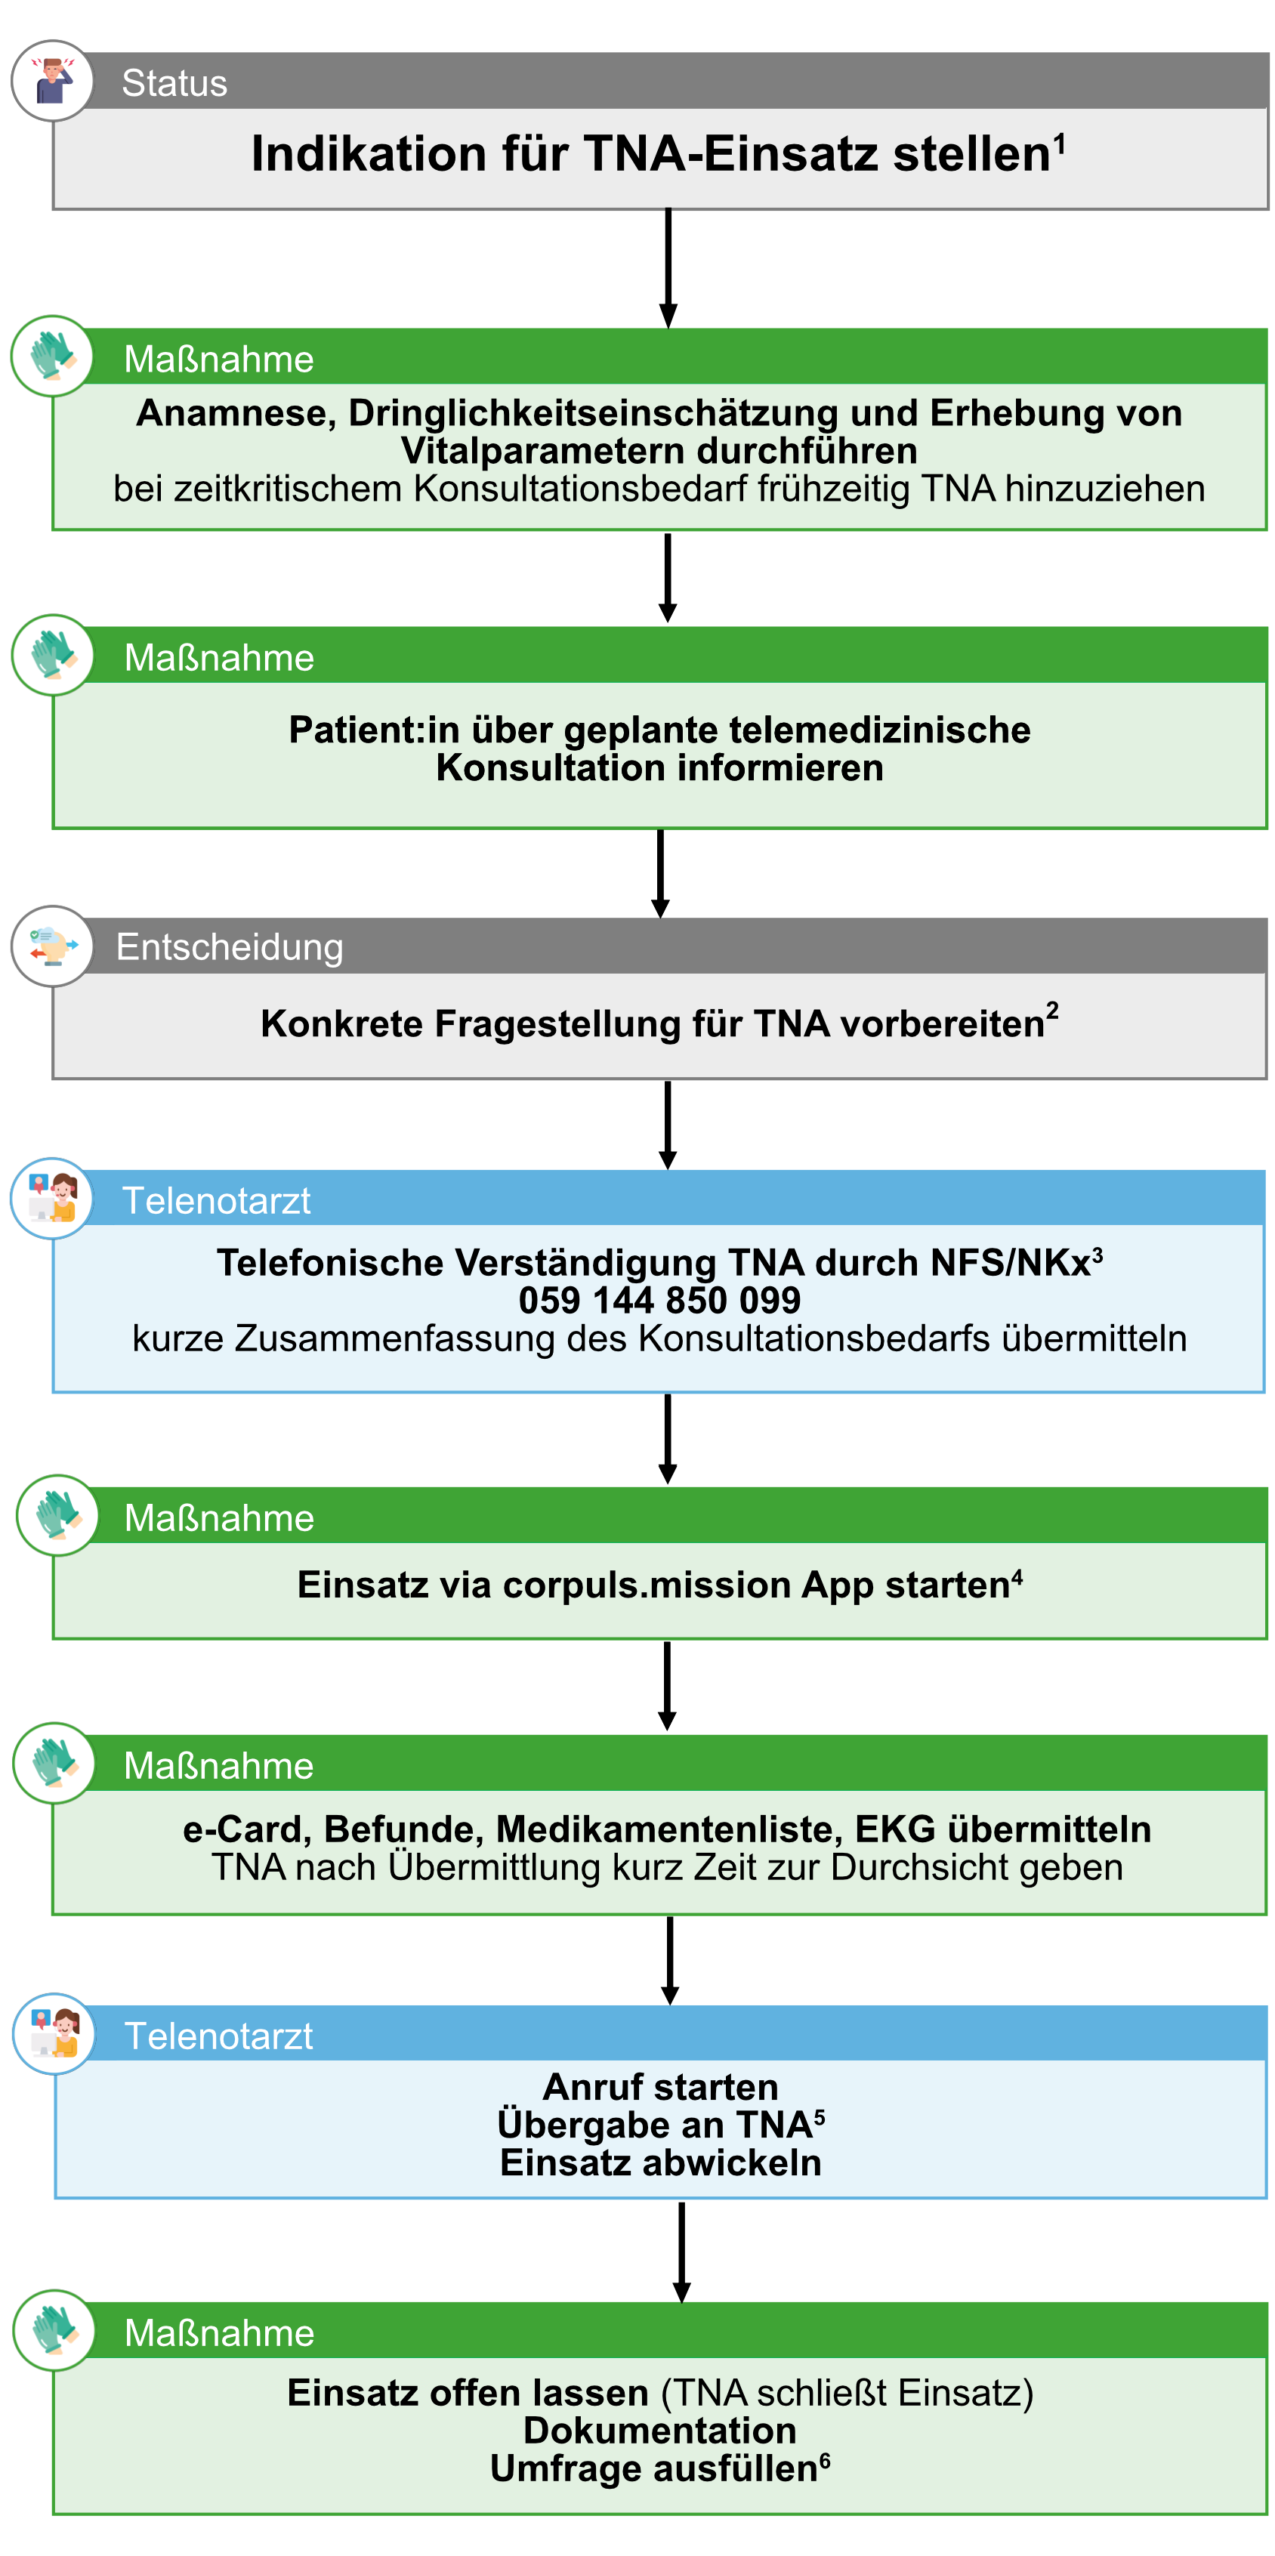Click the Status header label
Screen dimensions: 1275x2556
[x=174, y=83]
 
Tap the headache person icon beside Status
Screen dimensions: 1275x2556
[x=53, y=82]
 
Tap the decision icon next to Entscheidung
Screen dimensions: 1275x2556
[x=53, y=946]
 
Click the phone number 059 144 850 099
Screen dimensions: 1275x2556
[x=660, y=1301]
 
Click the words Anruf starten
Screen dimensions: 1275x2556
[x=661, y=2088]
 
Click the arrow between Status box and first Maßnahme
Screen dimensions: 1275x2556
[x=668, y=268]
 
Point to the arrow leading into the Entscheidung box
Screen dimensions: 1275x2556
[x=661, y=873]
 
